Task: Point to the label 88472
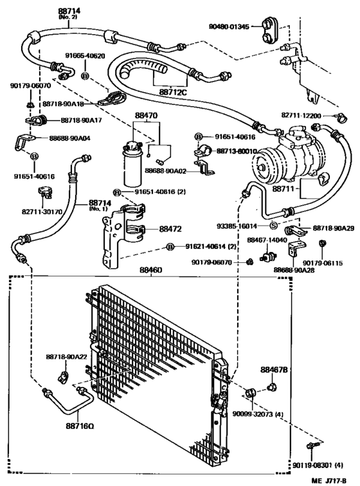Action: coord(170,228)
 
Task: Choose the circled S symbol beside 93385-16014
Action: coord(273,226)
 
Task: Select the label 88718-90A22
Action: coord(66,356)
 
